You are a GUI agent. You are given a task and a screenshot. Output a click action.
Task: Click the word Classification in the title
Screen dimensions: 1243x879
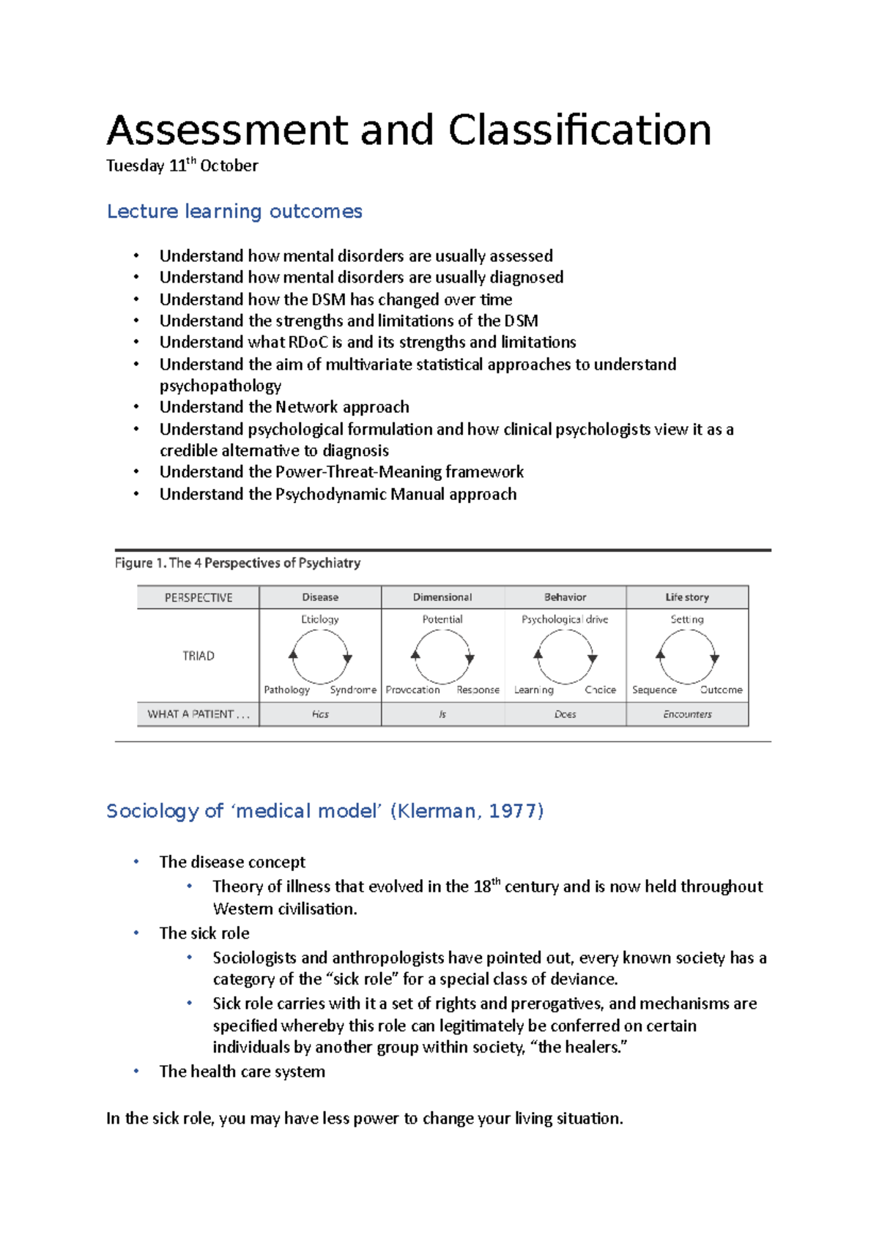[x=579, y=130]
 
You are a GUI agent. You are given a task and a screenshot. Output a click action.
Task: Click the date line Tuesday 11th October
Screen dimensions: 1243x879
[x=182, y=165]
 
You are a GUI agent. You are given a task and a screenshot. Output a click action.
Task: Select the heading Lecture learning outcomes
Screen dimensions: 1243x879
[x=234, y=212]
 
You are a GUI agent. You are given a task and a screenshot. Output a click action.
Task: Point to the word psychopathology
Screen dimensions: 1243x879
[x=220, y=386]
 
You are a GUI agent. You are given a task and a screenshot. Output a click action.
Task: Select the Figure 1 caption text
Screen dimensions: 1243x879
[x=237, y=563]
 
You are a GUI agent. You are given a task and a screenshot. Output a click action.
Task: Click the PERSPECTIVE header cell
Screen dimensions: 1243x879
[x=198, y=597]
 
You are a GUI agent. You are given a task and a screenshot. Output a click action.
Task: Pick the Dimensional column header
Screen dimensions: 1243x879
[x=442, y=597]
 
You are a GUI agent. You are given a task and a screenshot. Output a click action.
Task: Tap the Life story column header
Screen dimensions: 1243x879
[x=686, y=597]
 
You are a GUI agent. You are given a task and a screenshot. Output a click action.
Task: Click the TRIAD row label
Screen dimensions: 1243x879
[x=198, y=656]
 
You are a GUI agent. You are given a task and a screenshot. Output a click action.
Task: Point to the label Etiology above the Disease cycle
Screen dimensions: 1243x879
[x=320, y=619]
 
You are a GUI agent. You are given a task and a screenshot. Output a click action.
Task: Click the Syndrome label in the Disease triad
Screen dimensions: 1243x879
[x=353, y=690]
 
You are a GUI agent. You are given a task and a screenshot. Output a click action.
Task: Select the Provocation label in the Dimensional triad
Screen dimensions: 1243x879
[x=412, y=690]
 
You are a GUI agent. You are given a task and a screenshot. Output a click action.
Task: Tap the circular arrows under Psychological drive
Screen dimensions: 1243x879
[x=565, y=657]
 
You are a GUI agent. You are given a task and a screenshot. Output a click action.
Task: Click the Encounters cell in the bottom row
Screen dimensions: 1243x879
[x=686, y=714]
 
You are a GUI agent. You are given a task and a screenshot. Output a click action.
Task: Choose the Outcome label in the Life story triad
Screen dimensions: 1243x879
[x=721, y=690]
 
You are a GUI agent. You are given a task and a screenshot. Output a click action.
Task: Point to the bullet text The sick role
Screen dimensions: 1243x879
[x=204, y=933]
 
